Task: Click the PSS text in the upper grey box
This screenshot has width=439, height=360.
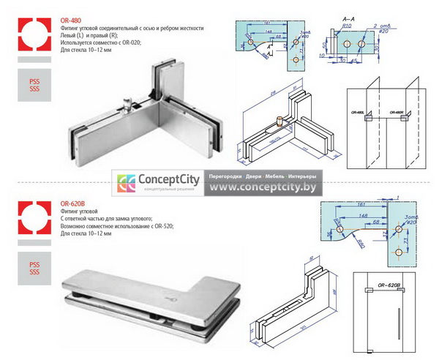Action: click(34, 80)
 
